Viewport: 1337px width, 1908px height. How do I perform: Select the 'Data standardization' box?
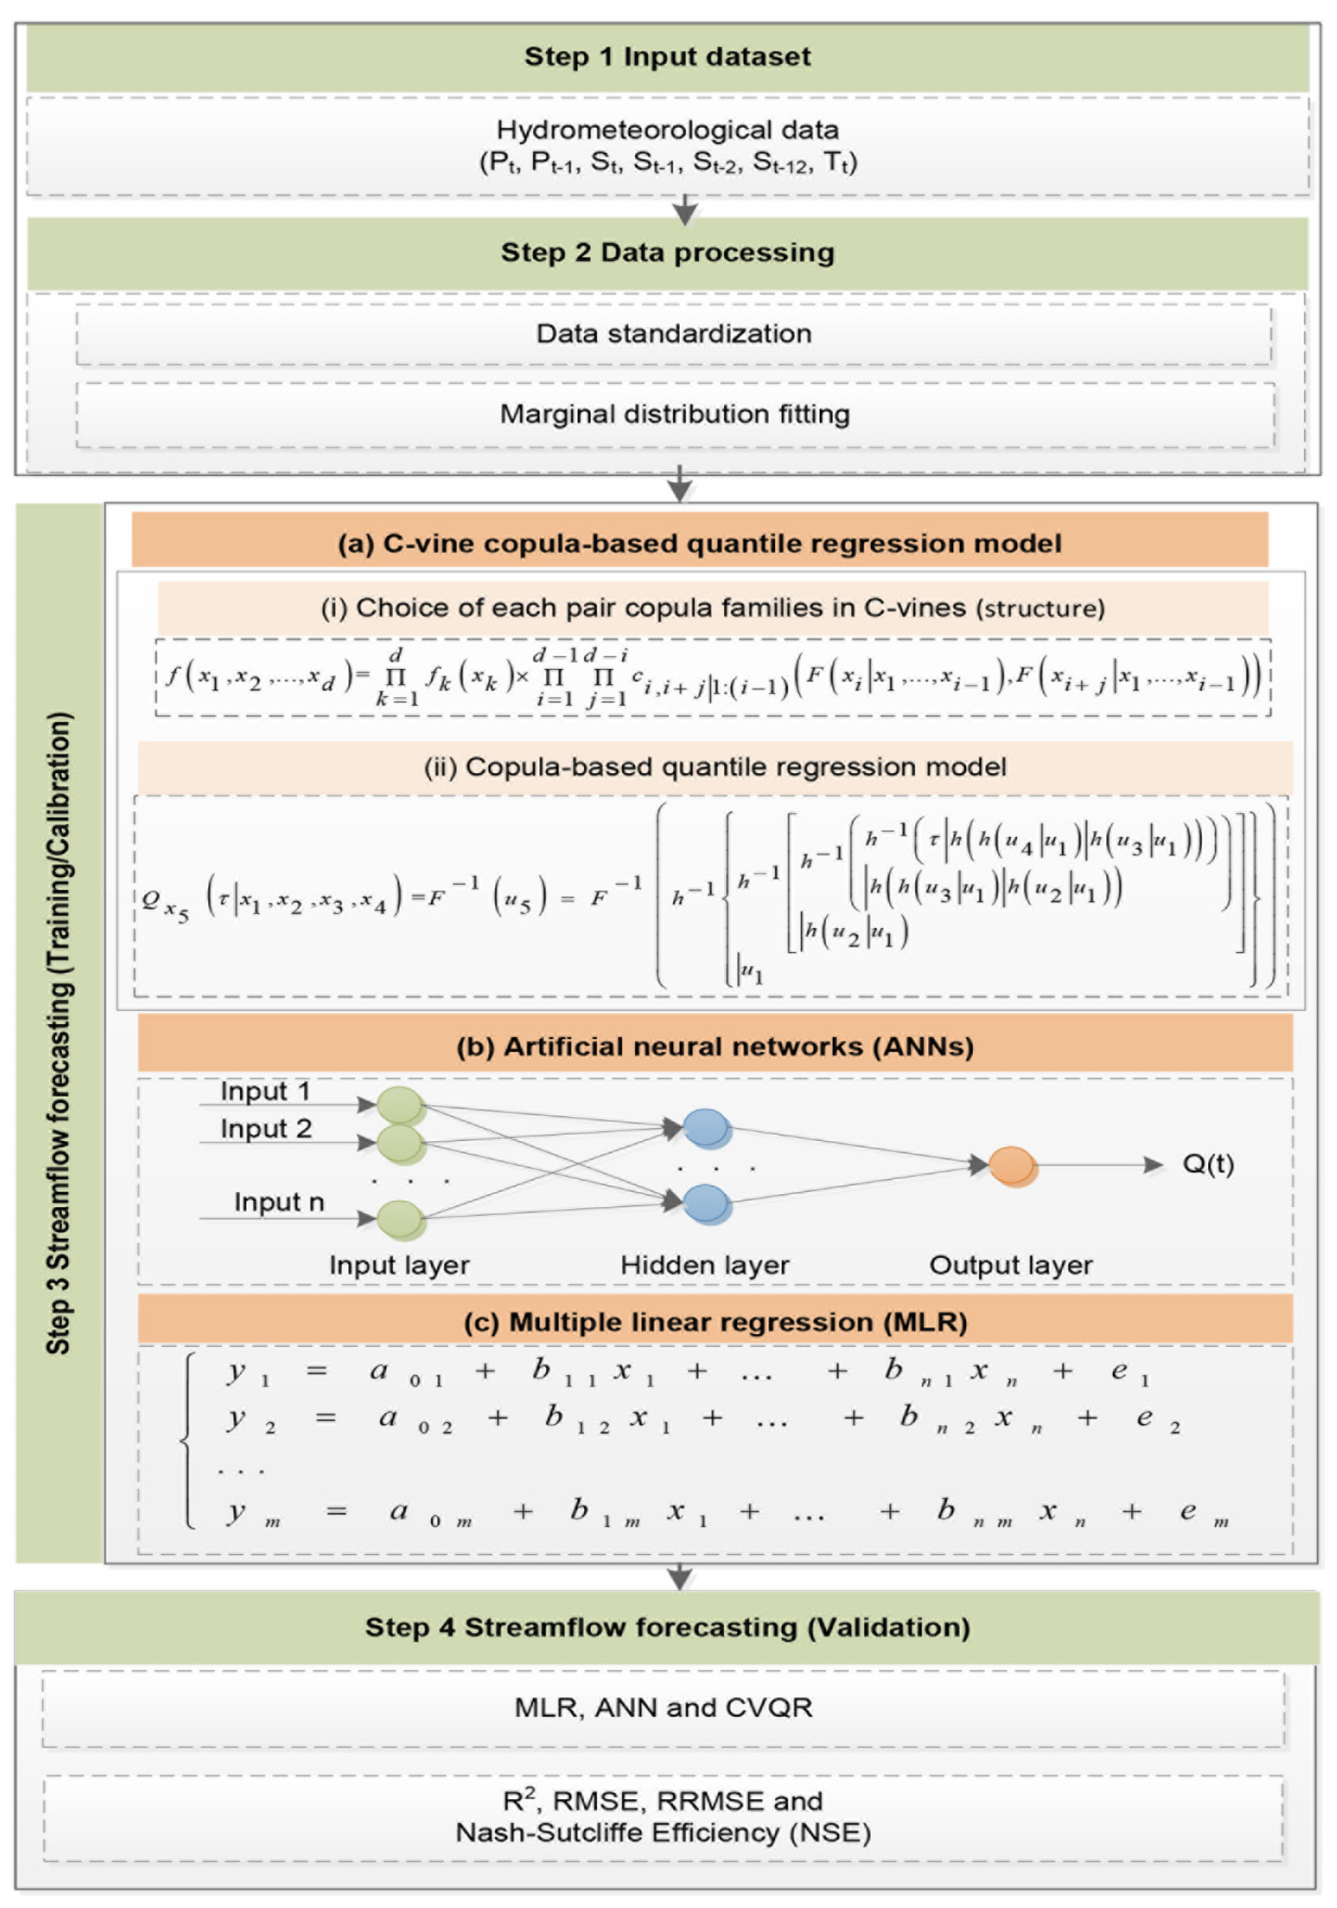point(674,334)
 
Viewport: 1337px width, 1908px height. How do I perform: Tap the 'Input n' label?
point(278,1202)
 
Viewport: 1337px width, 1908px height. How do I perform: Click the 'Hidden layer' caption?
point(704,1265)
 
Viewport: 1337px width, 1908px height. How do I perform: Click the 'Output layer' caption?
point(1010,1265)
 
